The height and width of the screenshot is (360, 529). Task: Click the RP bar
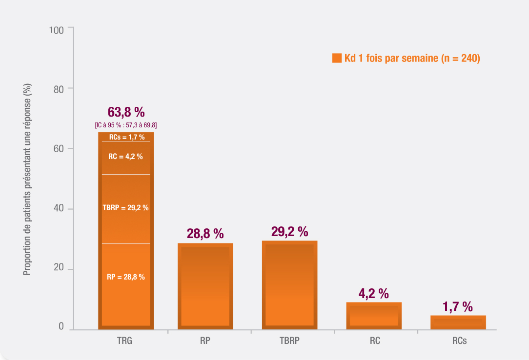[205, 286]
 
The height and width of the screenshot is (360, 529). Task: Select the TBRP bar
[290, 285]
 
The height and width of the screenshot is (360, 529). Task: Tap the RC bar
[374, 316]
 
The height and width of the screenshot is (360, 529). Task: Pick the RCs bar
[458, 322]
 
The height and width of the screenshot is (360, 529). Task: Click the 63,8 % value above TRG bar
[126, 112]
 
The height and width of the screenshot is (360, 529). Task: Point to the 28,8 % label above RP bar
[205, 234]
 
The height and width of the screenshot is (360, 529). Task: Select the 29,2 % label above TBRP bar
[290, 231]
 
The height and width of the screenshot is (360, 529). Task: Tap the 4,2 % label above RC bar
[374, 294]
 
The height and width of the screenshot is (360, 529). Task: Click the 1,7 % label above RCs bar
[458, 307]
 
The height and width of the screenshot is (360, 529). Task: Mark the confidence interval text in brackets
[126, 125]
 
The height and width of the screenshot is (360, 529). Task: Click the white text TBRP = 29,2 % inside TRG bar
[126, 207]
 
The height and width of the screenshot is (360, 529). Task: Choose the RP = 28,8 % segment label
[126, 277]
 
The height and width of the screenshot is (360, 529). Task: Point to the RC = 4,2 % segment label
[126, 157]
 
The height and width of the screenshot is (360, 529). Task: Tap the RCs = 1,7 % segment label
[126, 137]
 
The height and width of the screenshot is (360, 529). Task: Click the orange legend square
[336, 59]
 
